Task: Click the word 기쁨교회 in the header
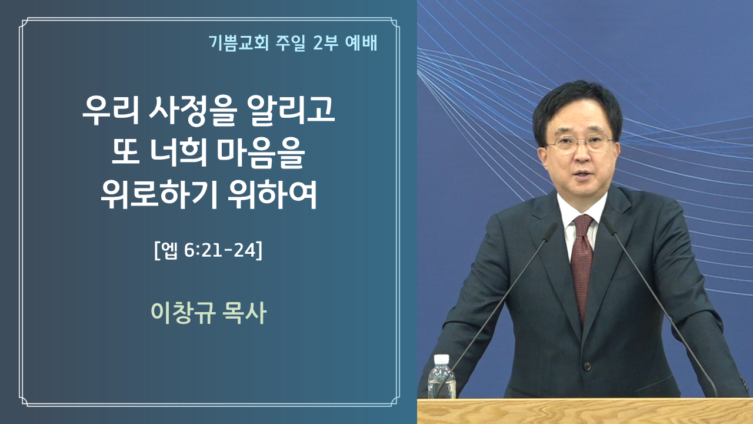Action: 239,43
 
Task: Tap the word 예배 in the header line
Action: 361,43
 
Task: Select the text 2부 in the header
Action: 325,43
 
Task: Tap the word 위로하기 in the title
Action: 159,195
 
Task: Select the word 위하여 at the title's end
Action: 272,195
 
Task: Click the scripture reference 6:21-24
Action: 220,250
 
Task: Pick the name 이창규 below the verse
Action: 183,313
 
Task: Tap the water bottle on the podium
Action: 441,376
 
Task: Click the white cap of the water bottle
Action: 441,359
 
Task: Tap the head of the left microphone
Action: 549,232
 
